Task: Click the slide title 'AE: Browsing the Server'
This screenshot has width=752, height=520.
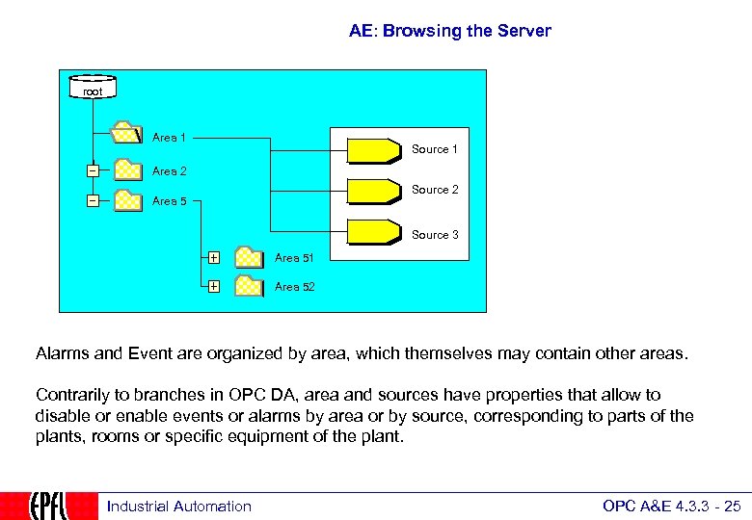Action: (449, 31)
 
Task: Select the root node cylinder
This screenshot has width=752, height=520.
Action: (92, 89)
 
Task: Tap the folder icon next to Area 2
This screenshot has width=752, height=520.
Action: (127, 170)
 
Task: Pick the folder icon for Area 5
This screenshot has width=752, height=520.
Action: (127, 200)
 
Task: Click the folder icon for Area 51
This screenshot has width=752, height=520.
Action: (250, 257)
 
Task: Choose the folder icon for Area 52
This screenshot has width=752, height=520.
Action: (250, 286)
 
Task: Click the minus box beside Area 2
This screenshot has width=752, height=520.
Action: (93, 171)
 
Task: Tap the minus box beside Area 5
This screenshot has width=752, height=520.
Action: (93, 201)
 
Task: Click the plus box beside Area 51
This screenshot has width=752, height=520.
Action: (213, 258)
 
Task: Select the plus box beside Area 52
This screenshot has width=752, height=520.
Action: (213, 286)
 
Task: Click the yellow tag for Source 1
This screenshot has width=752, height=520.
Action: (374, 151)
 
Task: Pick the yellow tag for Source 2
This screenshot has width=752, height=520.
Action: (374, 191)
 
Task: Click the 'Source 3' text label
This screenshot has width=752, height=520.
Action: (435, 235)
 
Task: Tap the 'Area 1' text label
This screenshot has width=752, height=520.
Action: (170, 138)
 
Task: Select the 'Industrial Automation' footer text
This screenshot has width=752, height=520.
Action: (178, 507)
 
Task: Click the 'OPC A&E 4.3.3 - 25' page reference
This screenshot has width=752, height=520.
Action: (671, 507)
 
